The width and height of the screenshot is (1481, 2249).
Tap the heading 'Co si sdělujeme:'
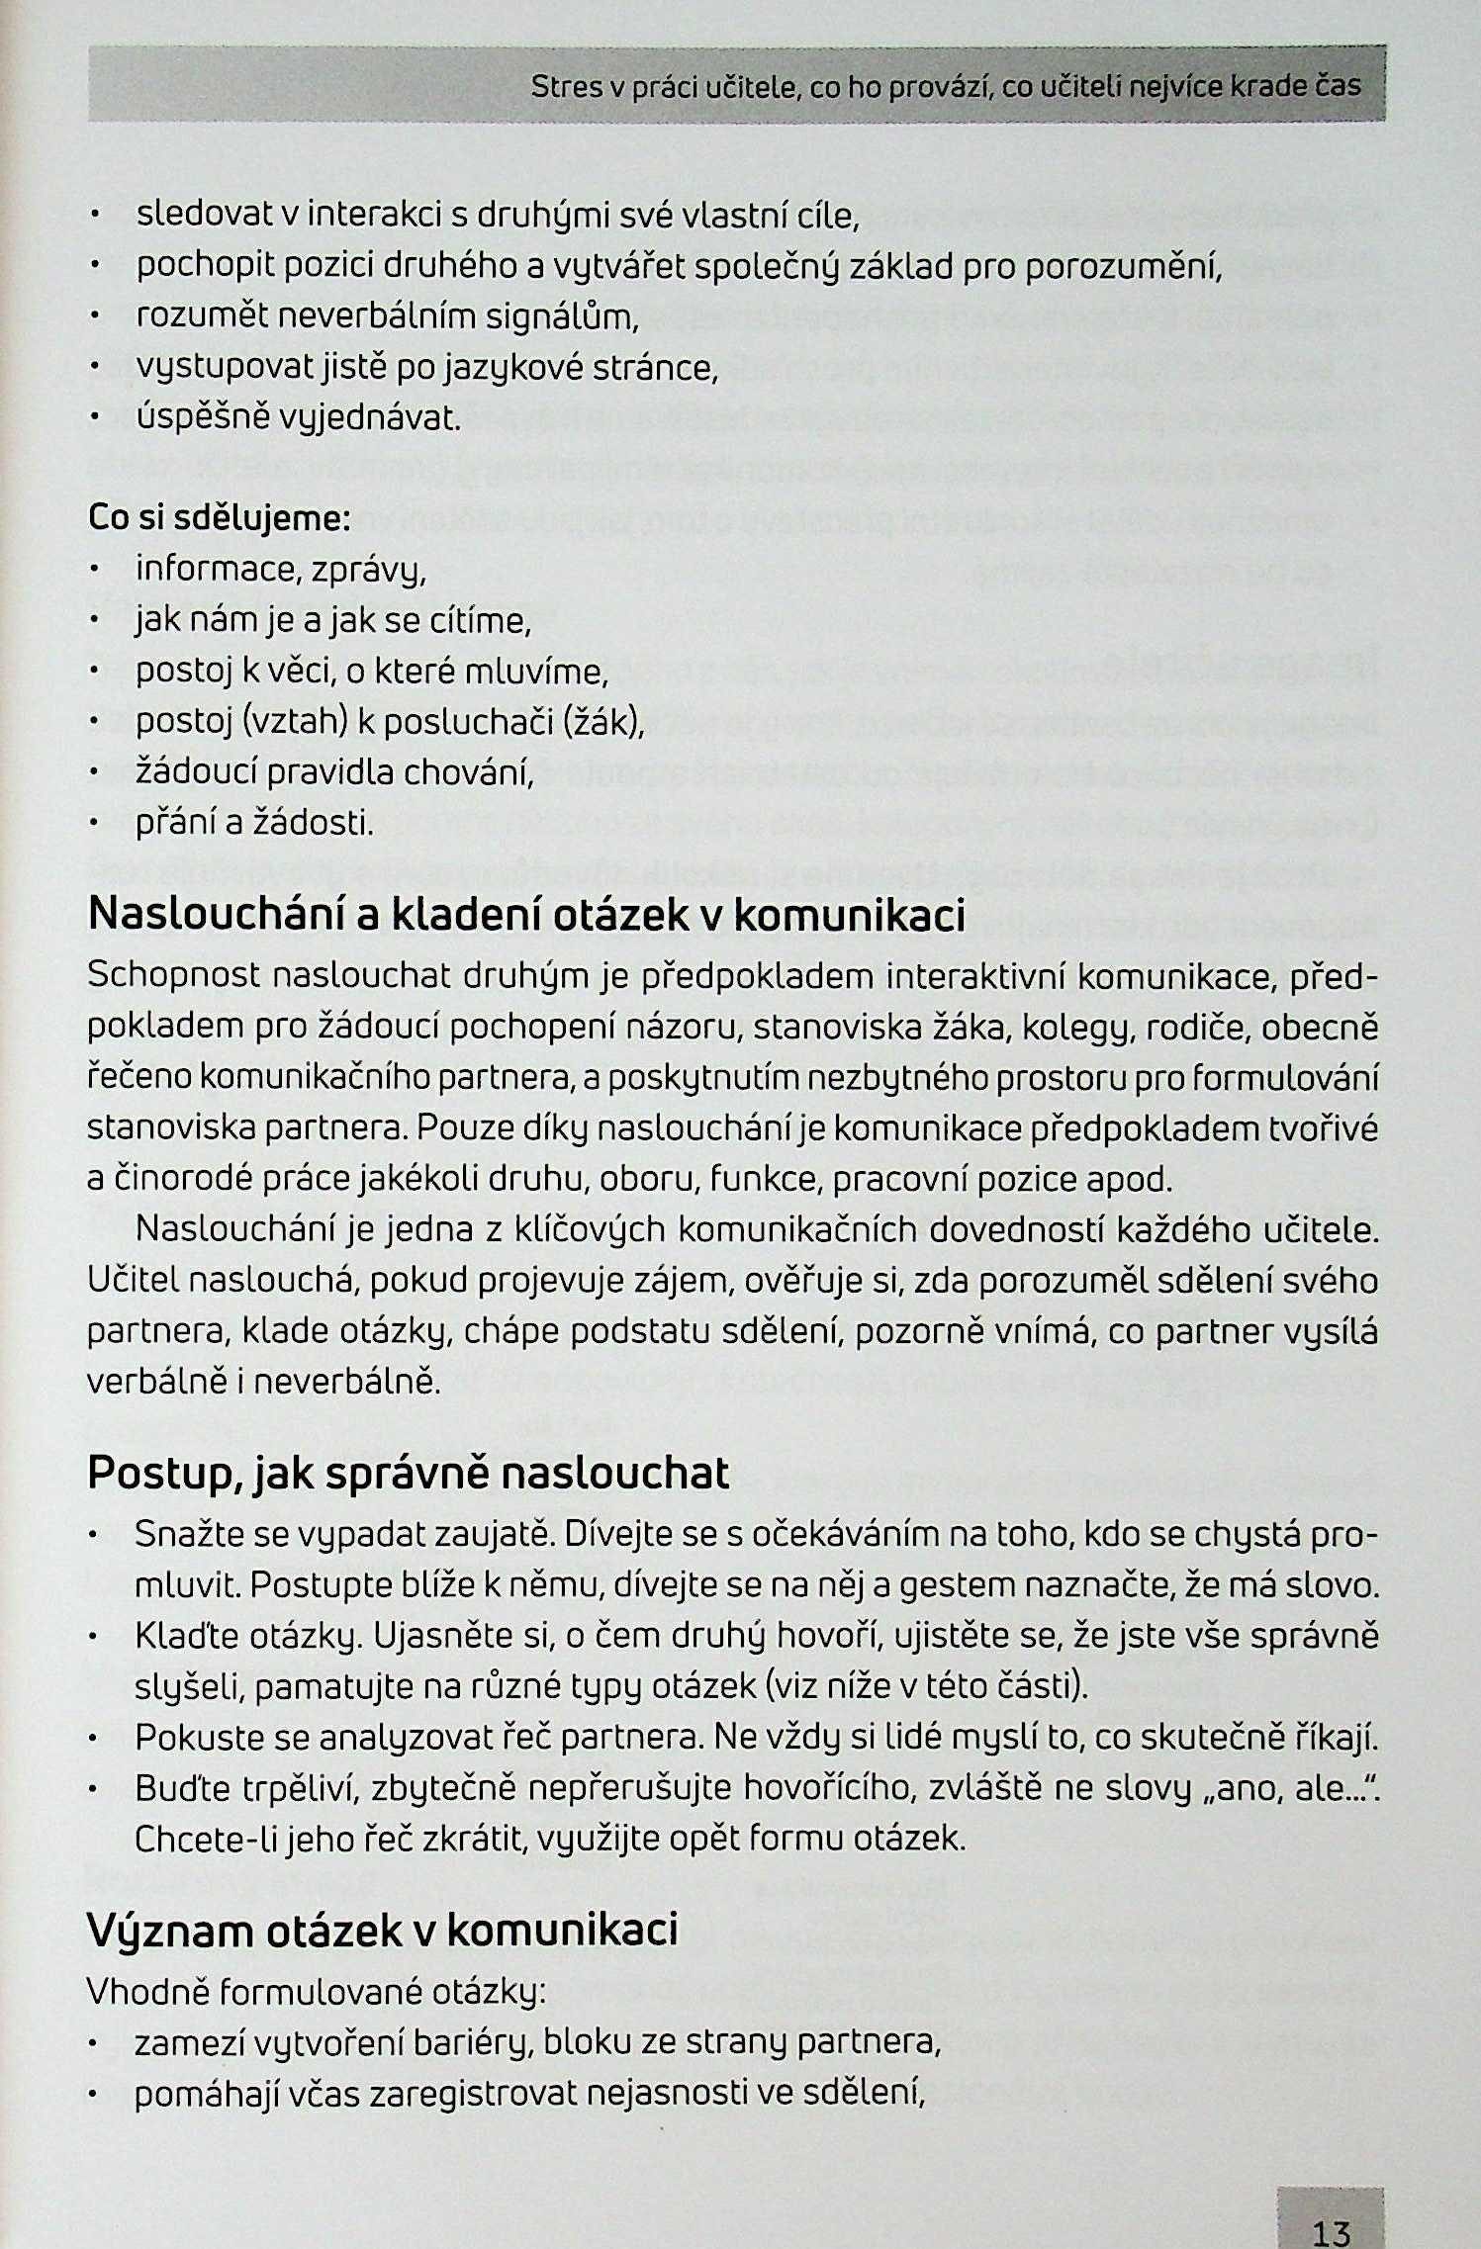point(219,518)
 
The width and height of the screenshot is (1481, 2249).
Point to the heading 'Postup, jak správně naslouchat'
point(408,1473)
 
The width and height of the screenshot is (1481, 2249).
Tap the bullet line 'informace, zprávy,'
point(281,571)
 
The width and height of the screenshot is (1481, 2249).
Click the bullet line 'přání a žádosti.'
point(255,823)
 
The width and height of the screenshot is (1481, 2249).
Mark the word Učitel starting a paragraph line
point(132,1281)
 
